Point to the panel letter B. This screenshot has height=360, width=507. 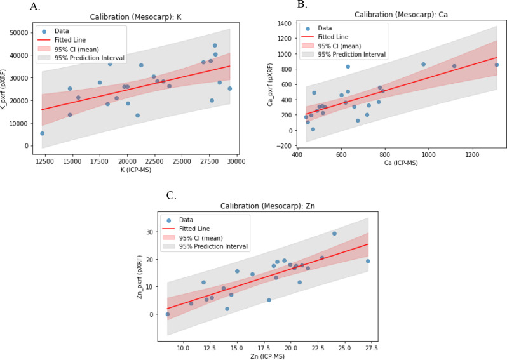[x=302, y=5]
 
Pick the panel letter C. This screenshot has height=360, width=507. [x=172, y=196]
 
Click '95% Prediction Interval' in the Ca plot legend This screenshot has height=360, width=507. [x=352, y=55]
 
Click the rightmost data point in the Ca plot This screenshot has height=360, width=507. [x=497, y=65]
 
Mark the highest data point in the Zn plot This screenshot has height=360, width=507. [x=334, y=234]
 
